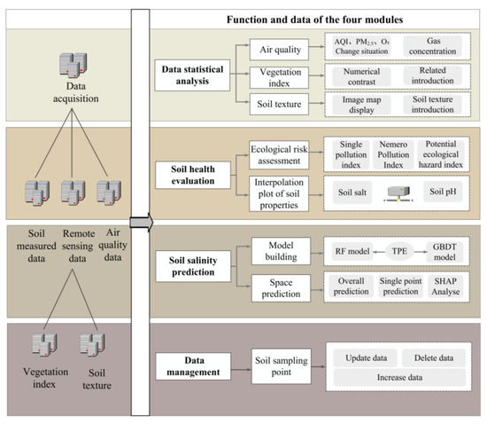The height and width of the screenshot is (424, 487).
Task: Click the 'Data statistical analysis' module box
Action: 194,73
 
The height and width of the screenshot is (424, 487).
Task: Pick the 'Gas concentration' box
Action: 433,47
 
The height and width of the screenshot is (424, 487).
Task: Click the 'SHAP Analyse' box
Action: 445,288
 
